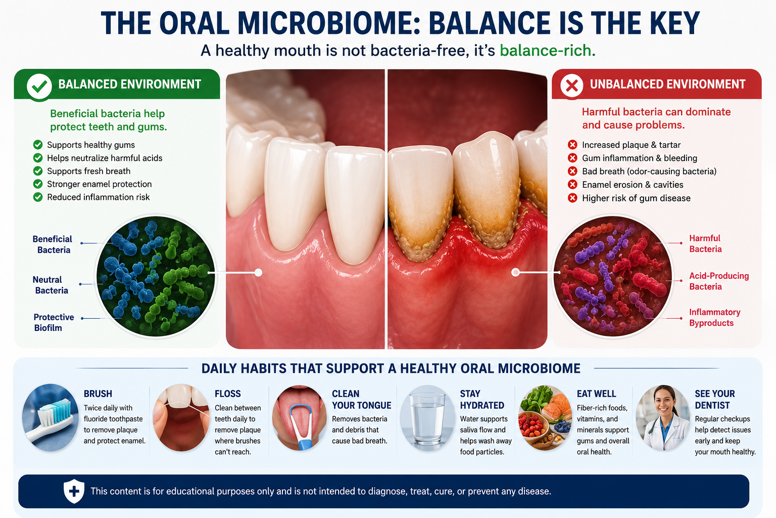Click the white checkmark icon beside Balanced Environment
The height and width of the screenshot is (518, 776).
click(39, 86)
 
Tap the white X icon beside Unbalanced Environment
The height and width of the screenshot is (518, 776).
click(572, 85)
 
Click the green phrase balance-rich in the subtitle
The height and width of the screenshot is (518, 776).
click(547, 51)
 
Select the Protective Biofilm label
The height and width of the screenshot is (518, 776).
click(54, 322)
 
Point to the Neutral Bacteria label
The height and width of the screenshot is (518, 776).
click(51, 285)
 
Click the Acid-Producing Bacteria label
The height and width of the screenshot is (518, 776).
click(719, 281)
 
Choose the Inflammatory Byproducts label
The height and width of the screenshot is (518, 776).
click(714, 318)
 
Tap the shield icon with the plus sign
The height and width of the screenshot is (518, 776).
click(74, 491)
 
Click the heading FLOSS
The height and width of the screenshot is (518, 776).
click(228, 394)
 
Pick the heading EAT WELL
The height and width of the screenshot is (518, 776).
click(596, 394)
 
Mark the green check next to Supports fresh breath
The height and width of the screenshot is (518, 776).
click(38, 171)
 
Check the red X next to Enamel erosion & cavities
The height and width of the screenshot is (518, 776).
click(572, 185)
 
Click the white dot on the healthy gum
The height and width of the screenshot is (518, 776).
click(258, 273)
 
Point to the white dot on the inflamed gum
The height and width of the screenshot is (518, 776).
click(515, 272)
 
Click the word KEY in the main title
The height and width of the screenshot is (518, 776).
click(668, 23)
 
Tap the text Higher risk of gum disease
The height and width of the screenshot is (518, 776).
click(636, 198)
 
